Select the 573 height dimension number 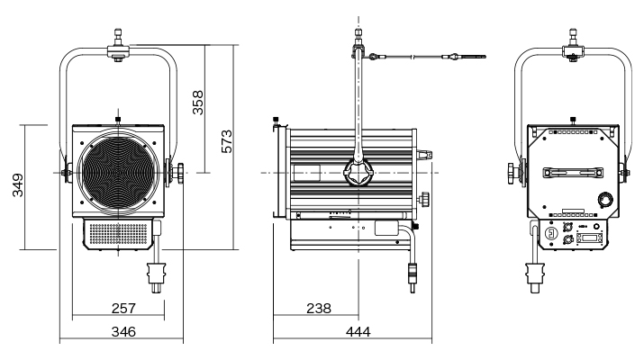pos(228,142)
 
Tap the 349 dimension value pos(17,187)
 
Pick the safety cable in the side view pos(423,58)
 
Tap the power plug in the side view pos(413,274)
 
